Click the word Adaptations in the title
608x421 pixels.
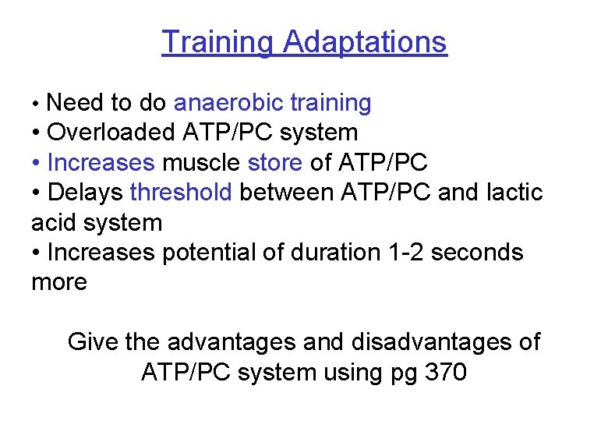[x=365, y=41]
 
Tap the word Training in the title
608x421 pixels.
[x=217, y=41]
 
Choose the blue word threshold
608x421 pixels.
[x=181, y=192]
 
